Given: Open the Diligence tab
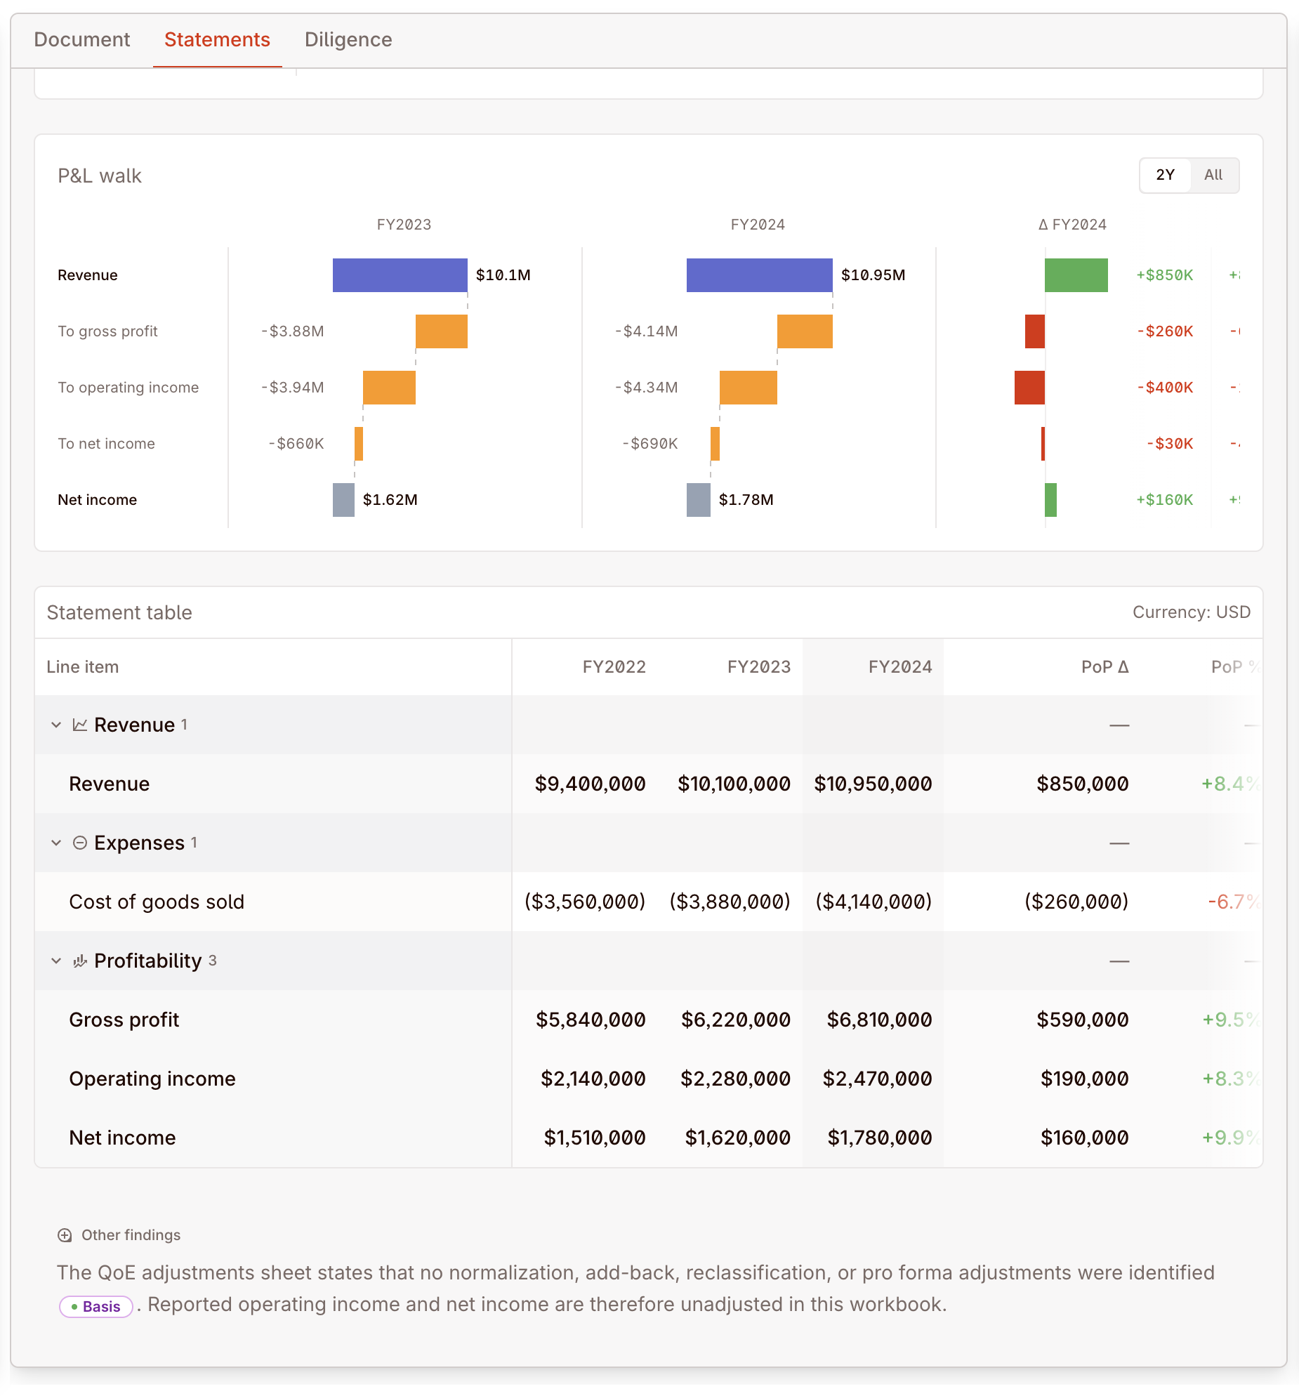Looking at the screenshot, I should tap(348, 39).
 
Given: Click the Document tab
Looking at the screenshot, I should tap(82, 39).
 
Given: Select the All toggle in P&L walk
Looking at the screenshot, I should tap(1213, 175).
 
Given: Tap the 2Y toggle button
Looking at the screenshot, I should tap(1165, 175).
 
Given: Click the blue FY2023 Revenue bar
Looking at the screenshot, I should tap(400, 275).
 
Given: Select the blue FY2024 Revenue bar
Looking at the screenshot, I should tap(759, 275).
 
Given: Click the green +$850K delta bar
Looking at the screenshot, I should tap(1076, 275).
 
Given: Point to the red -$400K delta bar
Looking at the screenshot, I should tap(1029, 388).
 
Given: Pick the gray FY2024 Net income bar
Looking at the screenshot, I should tap(698, 500).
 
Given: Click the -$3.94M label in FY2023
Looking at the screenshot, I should tap(292, 388).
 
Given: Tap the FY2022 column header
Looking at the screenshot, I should tap(614, 667).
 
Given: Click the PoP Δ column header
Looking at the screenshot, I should tap(1105, 667).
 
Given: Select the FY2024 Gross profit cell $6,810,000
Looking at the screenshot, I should tap(879, 1020).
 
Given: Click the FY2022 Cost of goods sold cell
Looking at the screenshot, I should tap(585, 902).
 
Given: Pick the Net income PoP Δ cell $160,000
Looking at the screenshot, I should tap(1084, 1138).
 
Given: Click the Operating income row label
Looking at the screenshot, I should tap(152, 1079).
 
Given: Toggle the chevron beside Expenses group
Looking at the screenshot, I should tap(56, 843).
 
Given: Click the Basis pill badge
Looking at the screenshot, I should tap(96, 1307).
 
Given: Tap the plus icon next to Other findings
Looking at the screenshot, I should tap(65, 1235).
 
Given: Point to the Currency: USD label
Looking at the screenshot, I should tap(1191, 612).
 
